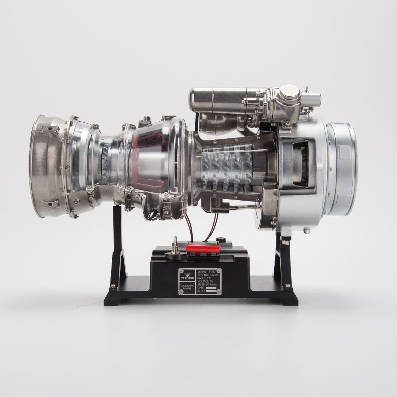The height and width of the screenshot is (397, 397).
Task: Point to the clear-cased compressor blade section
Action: click(x=231, y=166)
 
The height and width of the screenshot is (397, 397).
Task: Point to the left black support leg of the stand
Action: click(x=119, y=245)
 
